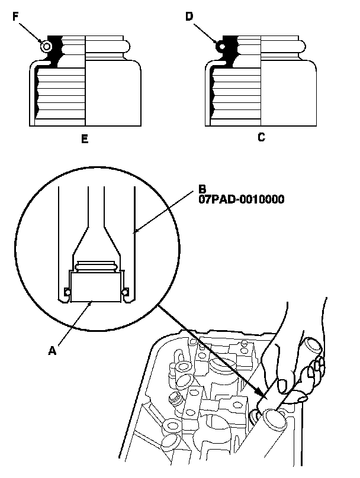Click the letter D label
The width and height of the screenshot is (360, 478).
pyautogui.click(x=189, y=17)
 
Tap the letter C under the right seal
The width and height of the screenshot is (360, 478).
pyautogui.click(x=261, y=137)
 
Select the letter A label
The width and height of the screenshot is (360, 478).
pyautogui.click(x=53, y=350)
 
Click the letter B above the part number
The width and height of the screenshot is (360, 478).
pyautogui.click(x=202, y=190)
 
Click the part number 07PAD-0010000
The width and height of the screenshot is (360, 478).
pyautogui.click(x=241, y=199)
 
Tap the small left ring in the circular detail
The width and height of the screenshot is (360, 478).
pyautogui.click(x=67, y=292)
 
